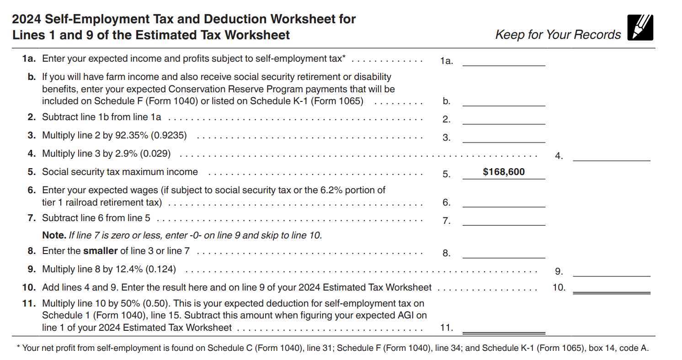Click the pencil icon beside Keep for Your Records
tap(640, 28)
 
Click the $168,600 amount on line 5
tap(504, 172)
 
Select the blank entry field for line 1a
tap(504, 61)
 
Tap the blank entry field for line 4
tap(611, 155)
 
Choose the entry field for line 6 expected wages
tap(504, 202)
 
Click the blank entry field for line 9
tap(611, 271)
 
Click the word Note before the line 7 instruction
tap(54, 236)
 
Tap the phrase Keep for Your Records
tap(558, 35)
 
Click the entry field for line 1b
tap(504, 101)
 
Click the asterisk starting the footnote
tap(18, 349)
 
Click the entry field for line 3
tap(504, 137)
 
